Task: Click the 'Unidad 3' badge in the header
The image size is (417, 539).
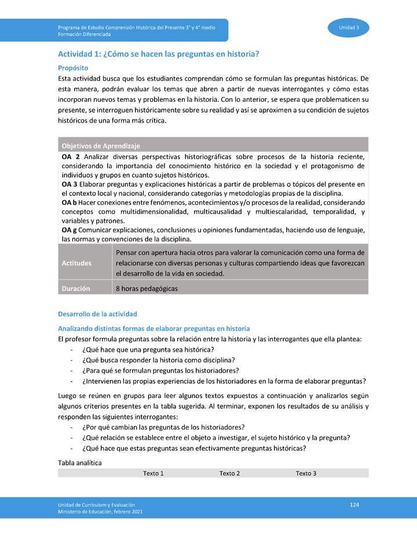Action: point(349,28)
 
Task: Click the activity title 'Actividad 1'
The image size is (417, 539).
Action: point(158,54)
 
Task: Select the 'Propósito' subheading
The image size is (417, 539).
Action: point(73,68)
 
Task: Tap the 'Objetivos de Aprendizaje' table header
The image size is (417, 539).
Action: point(101,146)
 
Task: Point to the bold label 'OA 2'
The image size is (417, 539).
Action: point(70,157)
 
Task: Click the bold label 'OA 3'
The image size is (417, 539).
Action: point(70,184)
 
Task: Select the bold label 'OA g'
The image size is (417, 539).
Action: point(69,230)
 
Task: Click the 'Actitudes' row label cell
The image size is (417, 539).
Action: point(76,263)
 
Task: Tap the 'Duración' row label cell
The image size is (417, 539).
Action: point(76,288)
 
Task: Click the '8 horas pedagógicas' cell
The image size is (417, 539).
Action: point(147,288)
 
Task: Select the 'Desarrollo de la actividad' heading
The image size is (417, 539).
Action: point(97,314)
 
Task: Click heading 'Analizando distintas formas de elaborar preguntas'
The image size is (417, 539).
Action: point(153,328)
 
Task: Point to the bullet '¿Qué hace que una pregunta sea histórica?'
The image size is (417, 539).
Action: point(148,350)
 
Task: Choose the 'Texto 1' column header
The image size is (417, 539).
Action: point(153,474)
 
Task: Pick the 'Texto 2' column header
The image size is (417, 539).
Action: point(230,474)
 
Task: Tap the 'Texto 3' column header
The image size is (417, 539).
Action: point(306,474)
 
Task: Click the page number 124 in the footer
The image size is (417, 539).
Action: point(354,505)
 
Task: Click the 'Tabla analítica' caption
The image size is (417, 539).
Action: point(80,463)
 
